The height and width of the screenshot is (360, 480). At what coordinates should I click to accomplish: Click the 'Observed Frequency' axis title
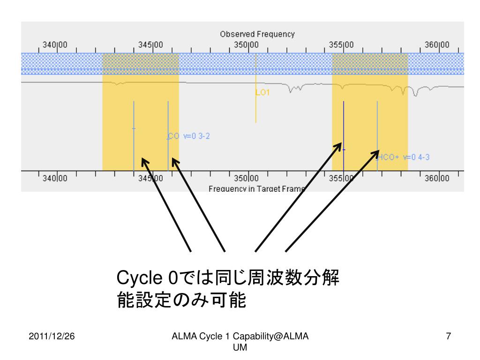(257, 34)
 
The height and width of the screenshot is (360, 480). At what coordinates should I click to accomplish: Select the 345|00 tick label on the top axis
(151, 45)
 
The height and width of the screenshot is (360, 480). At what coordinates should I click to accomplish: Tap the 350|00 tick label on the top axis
(247, 45)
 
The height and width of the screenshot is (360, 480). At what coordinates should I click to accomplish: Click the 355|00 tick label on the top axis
(342, 45)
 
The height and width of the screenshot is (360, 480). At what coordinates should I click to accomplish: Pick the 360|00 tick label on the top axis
(437, 45)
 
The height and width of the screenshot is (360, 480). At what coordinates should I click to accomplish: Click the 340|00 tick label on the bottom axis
(55, 178)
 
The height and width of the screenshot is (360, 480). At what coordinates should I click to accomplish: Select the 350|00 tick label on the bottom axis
(247, 178)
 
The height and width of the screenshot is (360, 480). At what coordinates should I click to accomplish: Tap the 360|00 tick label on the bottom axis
(437, 178)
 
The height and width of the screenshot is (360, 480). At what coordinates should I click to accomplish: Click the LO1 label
(263, 93)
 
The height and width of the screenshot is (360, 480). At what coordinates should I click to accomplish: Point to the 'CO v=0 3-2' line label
(188, 136)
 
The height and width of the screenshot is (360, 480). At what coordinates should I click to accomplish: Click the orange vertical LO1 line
(255, 108)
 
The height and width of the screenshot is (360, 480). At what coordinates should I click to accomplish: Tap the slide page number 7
(449, 336)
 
